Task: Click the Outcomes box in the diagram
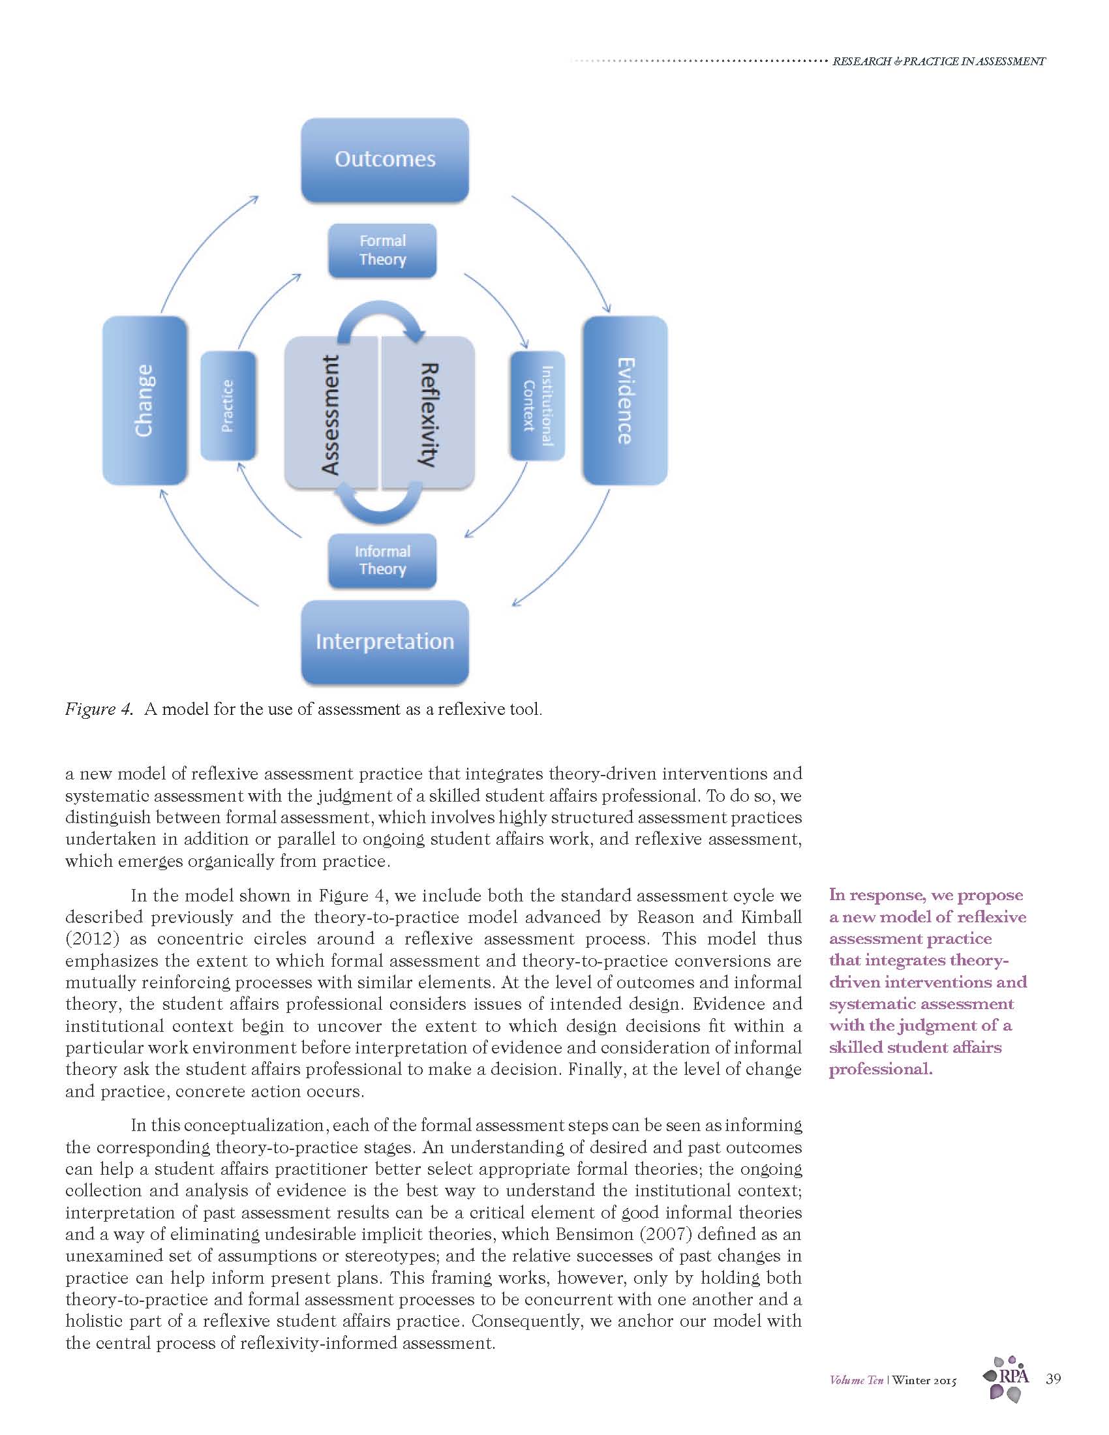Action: [x=384, y=160]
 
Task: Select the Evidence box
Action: [x=625, y=400]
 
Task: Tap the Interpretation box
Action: [x=384, y=641]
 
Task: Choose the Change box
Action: [x=145, y=400]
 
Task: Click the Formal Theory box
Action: [x=382, y=250]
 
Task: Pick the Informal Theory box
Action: [x=382, y=560]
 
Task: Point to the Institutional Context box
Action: [x=537, y=406]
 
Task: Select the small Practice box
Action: [x=227, y=406]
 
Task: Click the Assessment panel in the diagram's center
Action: [x=331, y=414]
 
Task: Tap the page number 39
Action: [x=1052, y=1378]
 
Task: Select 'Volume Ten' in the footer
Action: [x=856, y=1380]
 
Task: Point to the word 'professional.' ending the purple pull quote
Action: [x=881, y=1069]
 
